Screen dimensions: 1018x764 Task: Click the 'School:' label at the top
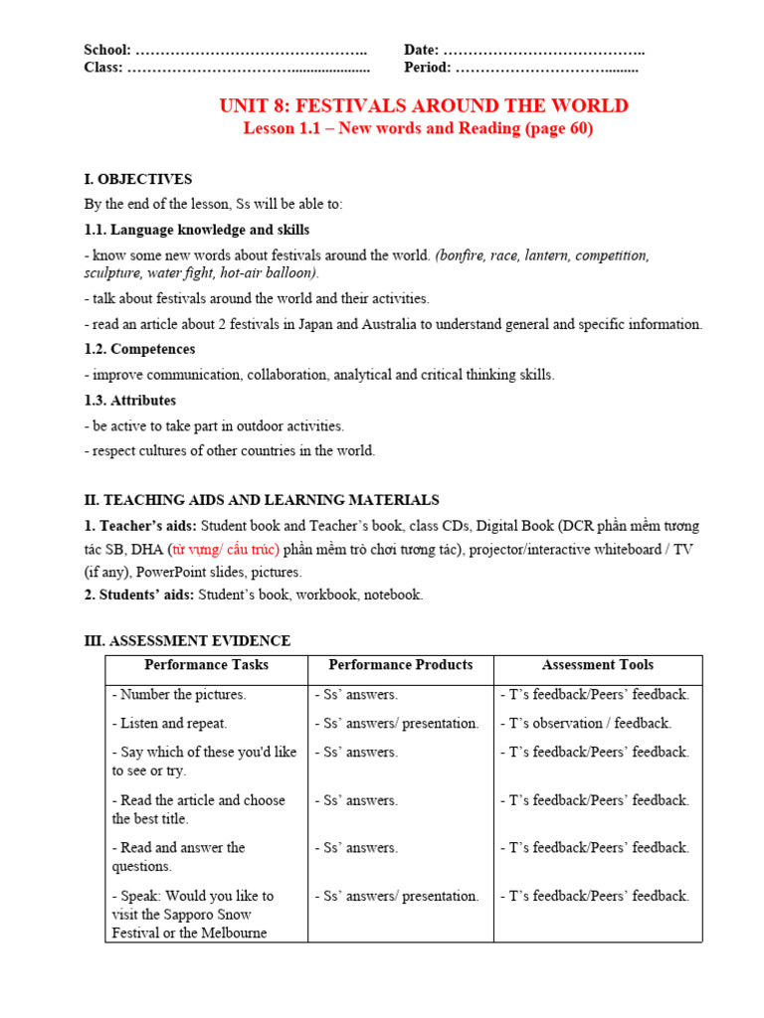pos(107,50)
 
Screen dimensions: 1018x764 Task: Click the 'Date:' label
pos(421,50)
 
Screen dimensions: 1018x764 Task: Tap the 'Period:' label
pos(428,68)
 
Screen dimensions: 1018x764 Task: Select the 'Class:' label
pos(103,68)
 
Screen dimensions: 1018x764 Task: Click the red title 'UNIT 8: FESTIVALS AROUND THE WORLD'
pos(424,106)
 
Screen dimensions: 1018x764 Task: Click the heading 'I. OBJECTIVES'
pos(138,179)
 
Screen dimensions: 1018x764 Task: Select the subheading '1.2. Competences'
pos(139,349)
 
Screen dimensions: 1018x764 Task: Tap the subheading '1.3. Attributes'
pos(130,400)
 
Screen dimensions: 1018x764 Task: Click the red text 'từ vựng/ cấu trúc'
pos(225,549)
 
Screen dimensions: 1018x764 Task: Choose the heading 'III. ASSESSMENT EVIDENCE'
pos(187,640)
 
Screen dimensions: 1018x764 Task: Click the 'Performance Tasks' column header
pos(206,665)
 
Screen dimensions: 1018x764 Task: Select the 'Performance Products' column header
pos(401,665)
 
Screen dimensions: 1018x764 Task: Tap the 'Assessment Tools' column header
pos(598,665)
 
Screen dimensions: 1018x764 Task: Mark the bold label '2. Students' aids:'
pos(139,594)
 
